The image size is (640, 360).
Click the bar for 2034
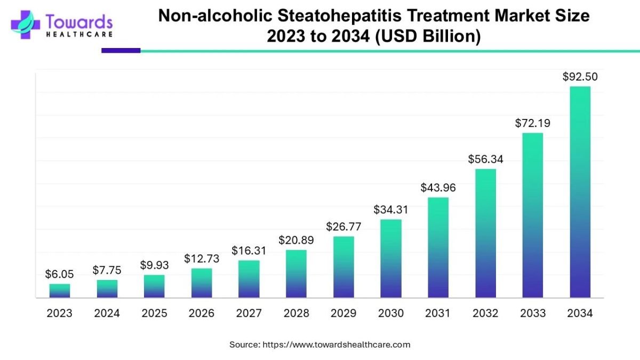point(580,192)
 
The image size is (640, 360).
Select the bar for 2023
point(60,291)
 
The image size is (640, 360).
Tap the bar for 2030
point(391,259)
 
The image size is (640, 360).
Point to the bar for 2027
point(249,279)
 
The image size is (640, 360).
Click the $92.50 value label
point(580,77)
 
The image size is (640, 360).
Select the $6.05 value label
point(60,274)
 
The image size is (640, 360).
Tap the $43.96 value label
point(438,188)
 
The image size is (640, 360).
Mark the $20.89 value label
point(296,240)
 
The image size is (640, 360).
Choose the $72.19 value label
point(532,123)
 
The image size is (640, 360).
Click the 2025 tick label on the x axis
point(154,314)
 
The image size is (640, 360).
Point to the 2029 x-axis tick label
point(343,314)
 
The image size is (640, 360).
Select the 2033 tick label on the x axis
point(532,314)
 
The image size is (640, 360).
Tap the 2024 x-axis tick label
point(107,314)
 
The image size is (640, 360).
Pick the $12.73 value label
point(202,259)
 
